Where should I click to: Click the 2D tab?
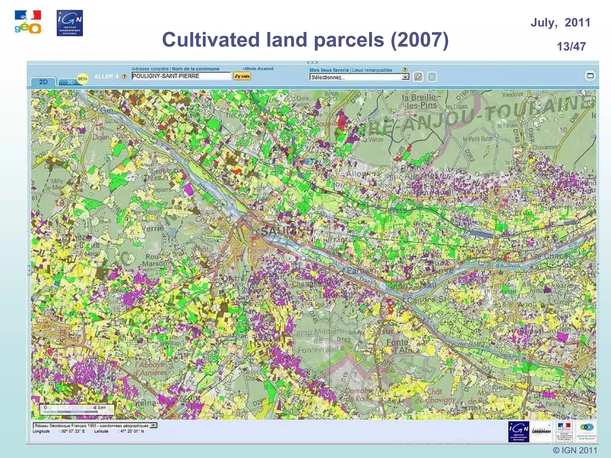click(x=43, y=82)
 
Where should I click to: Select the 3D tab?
click(x=70, y=82)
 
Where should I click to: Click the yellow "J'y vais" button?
click(x=242, y=76)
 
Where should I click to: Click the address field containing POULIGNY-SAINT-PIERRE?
click(x=181, y=76)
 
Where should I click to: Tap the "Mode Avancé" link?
click(x=258, y=69)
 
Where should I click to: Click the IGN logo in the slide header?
click(x=70, y=23)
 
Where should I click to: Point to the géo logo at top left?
click(x=28, y=22)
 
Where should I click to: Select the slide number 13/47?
click(x=571, y=47)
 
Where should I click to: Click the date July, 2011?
click(x=560, y=23)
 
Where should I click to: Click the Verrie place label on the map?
click(x=152, y=228)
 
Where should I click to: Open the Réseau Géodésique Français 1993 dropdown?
click(x=154, y=425)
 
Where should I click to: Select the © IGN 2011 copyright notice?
click(x=575, y=450)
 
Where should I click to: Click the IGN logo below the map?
click(x=519, y=431)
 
